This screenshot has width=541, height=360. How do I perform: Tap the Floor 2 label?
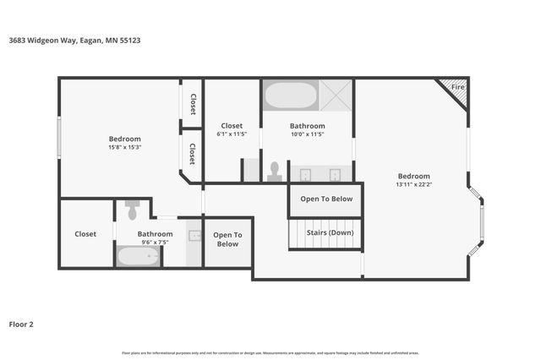[21, 324]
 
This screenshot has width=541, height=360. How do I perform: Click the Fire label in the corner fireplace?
[457, 87]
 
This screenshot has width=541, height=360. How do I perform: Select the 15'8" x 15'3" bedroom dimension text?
[124, 147]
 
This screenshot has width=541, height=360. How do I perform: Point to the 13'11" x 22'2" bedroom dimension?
[413, 184]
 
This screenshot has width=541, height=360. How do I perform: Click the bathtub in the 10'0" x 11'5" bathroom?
[291, 95]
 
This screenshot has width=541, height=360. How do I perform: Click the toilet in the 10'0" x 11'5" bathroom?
[275, 172]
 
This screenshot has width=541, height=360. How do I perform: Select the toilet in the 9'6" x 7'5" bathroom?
[132, 208]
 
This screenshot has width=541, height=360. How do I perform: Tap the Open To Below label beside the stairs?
[326, 199]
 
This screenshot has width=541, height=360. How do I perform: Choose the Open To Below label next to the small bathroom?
[227, 239]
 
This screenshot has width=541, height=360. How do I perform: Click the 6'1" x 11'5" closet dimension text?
[232, 134]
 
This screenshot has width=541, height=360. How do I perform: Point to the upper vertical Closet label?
[193, 103]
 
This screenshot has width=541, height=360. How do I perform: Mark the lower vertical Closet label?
[193, 154]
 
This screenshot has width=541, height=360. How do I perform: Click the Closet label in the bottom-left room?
[85, 234]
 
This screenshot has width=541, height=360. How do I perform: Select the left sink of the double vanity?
[305, 175]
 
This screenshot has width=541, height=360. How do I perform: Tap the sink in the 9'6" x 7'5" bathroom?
[194, 237]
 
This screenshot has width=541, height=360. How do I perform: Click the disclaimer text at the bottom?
[270, 352]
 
